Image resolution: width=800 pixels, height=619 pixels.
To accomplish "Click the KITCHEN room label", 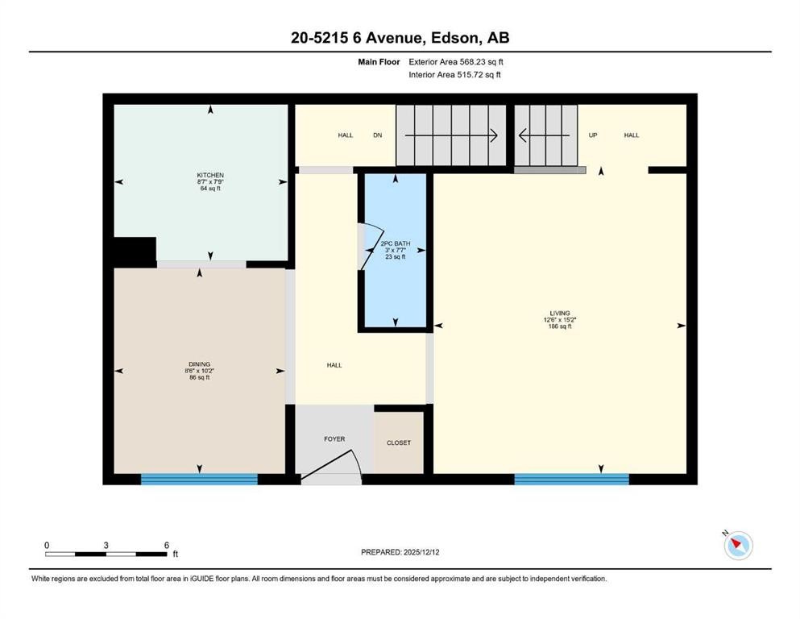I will click(210, 175).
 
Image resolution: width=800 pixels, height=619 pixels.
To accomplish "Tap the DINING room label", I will click(200, 364).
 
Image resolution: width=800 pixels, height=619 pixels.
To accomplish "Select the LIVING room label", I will click(560, 313).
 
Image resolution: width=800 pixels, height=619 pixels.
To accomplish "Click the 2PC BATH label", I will click(395, 243).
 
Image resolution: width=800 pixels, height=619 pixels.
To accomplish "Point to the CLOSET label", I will click(398, 442).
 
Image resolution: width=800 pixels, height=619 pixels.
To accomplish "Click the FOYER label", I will click(334, 439).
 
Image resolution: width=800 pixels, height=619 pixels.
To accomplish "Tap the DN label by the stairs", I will click(377, 135).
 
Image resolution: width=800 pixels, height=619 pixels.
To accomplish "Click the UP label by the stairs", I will click(593, 135).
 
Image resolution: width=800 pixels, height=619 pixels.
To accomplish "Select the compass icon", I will click(738, 546).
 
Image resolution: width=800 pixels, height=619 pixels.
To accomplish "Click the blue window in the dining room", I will click(199, 479).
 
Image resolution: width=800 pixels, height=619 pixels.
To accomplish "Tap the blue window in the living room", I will click(571, 479).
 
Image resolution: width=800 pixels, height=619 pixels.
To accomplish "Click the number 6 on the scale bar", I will click(166, 545).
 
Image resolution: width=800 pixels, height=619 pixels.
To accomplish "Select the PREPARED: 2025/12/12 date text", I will click(400, 552).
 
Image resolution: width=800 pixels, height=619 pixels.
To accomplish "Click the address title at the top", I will click(400, 37).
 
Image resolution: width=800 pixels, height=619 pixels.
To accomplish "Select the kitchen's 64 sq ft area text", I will click(210, 189).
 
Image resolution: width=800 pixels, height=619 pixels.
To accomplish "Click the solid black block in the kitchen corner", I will click(135, 251).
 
